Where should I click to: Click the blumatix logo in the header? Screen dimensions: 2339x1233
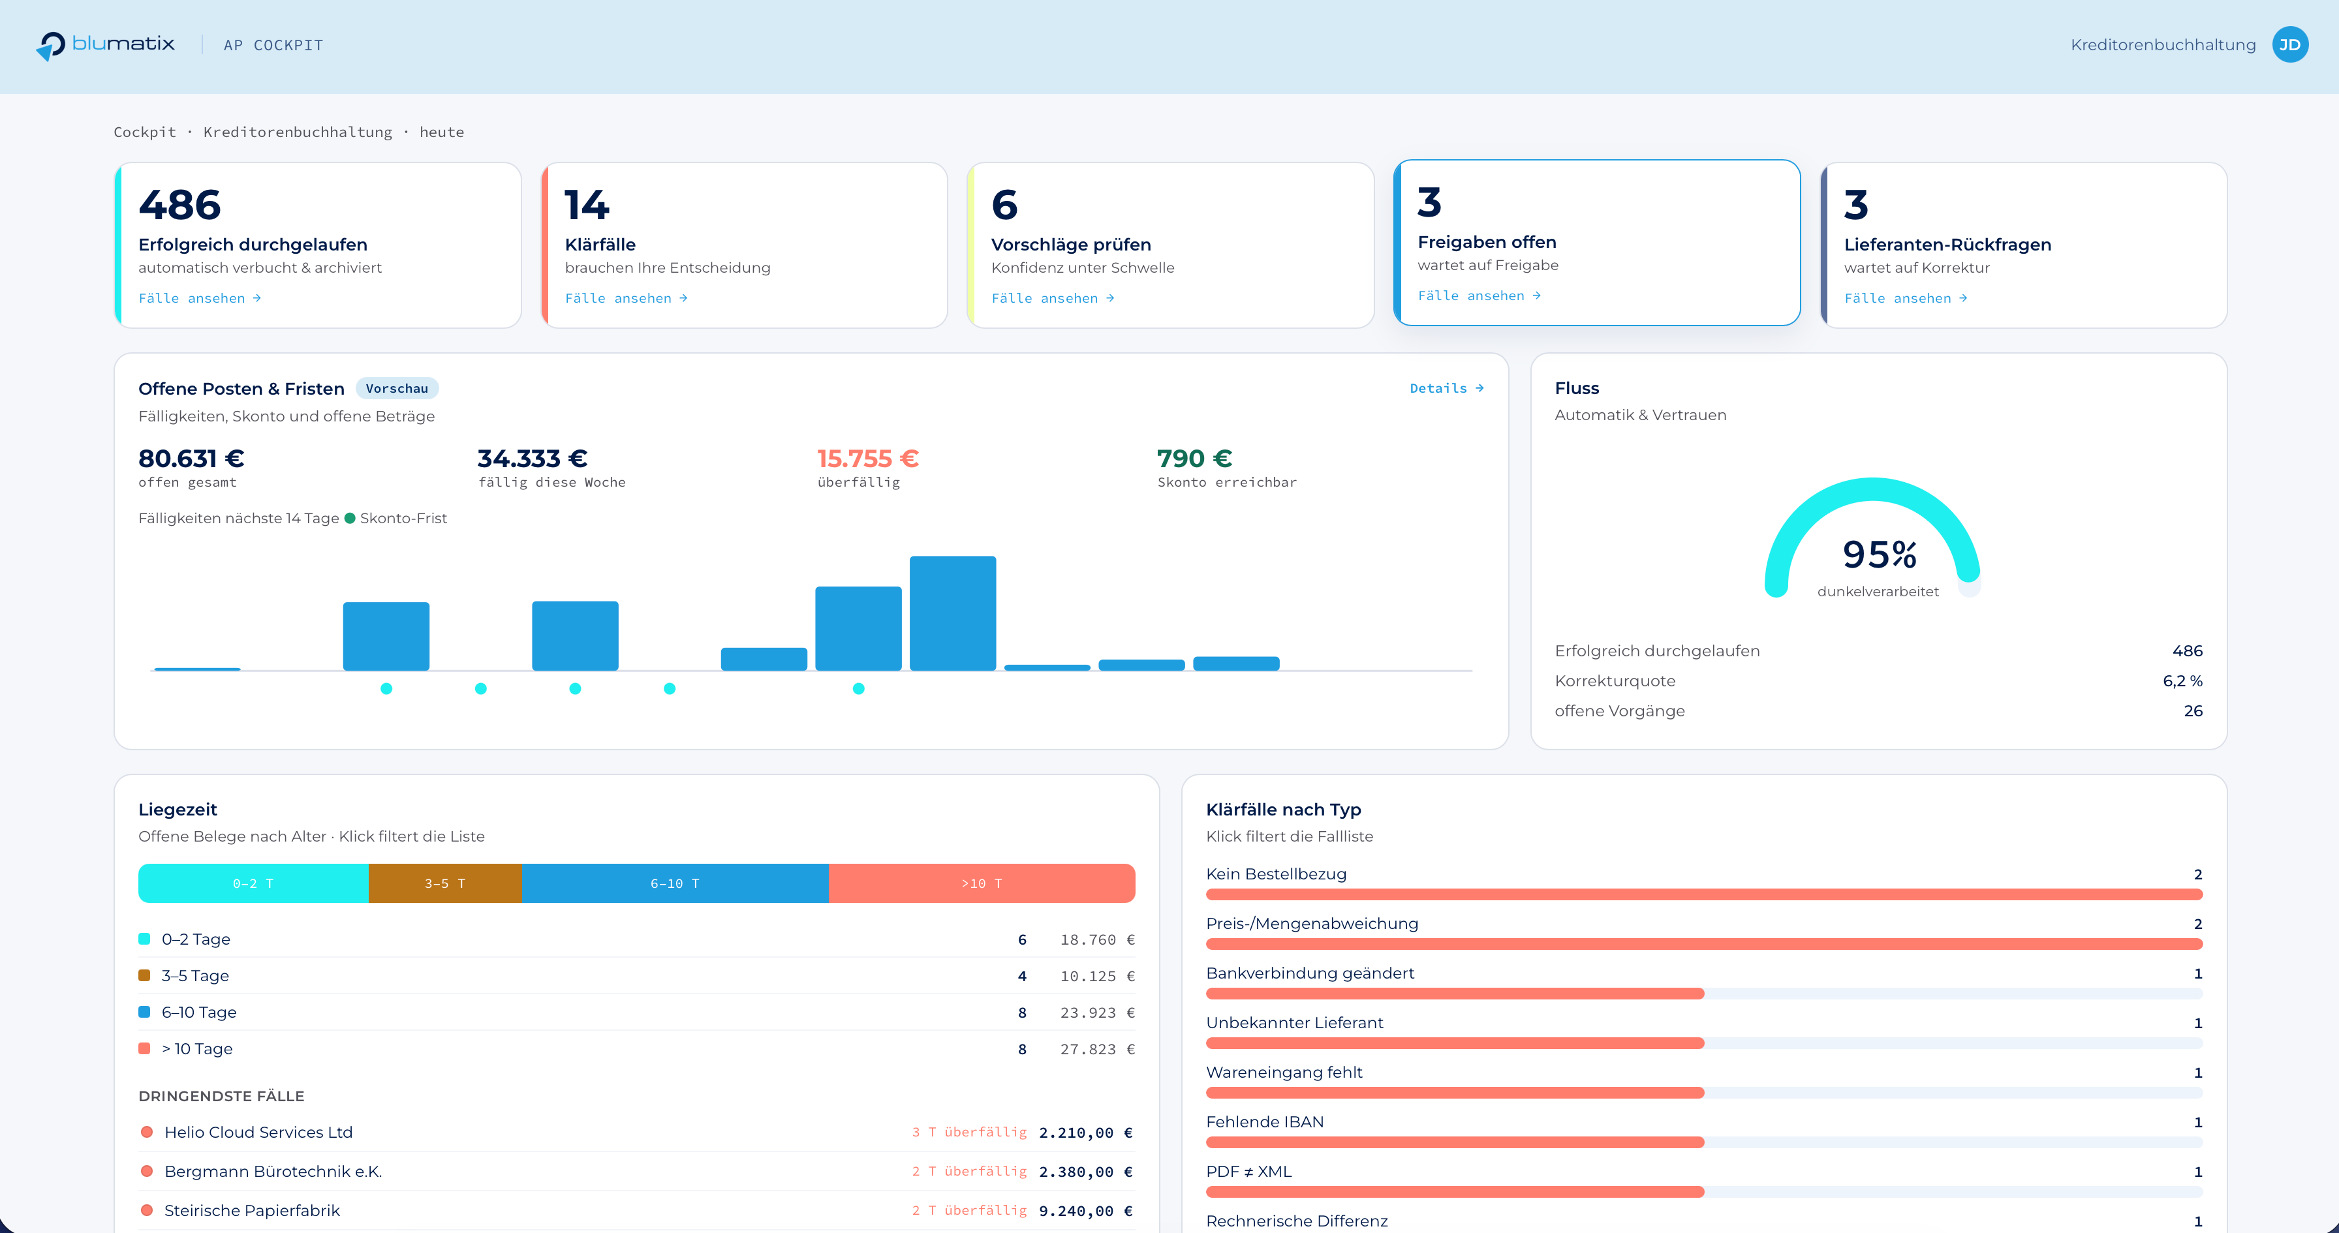click(x=105, y=44)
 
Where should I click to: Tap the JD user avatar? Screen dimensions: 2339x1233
click(x=2290, y=44)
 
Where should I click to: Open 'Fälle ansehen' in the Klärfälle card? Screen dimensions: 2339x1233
click(x=627, y=297)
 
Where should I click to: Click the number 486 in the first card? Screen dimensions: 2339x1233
click(x=179, y=205)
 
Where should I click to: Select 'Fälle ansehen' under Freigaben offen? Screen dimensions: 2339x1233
click(x=1479, y=295)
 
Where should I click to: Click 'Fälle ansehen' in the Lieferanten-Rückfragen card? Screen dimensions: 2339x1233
click(x=1906, y=297)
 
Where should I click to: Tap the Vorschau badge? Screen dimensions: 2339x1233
click(x=397, y=389)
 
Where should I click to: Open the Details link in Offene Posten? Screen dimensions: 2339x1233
click(x=1446, y=389)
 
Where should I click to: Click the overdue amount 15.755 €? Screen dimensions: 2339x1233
click(x=868, y=459)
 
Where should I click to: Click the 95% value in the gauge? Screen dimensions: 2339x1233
click(x=1879, y=555)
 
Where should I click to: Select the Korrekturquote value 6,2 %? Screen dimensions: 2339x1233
click(x=2182, y=681)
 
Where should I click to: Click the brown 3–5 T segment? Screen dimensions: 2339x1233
click(x=445, y=883)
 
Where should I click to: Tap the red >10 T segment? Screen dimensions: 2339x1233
click(x=982, y=883)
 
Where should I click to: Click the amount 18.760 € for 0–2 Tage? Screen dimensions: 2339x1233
click(x=1097, y=939)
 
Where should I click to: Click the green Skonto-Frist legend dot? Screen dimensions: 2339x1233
click(x=350, y=519)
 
